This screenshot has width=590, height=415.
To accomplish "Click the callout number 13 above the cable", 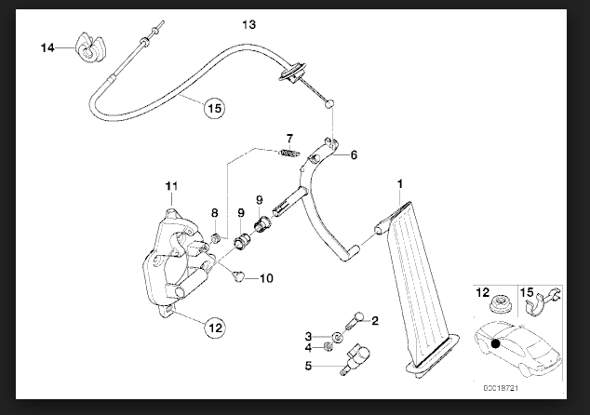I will [x=247, y=23].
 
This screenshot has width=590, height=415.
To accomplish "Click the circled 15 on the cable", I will [x=214, y=108].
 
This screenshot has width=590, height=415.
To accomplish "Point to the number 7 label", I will [x=290, y=139].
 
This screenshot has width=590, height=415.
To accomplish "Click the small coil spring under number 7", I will [x=289, y=154].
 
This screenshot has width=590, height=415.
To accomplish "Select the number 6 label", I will [x=353, y=156].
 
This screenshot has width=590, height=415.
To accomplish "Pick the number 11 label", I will [x=170, y=188].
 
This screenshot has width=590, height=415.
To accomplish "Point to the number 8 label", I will [x=214, y=214].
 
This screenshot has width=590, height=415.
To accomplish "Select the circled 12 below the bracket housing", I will [x=215, y=327].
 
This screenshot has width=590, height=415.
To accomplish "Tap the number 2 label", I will [x=375, y=322].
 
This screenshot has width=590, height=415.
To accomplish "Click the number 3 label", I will [x=309, y=335].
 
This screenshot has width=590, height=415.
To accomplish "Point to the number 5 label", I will [x=309, y=366].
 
